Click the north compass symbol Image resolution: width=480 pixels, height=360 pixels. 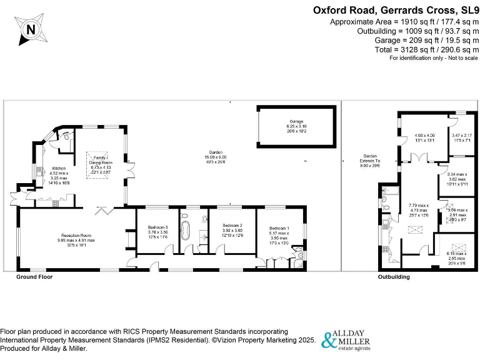30,29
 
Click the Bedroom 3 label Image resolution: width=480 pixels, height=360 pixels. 158,227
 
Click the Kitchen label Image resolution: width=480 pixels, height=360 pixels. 59,168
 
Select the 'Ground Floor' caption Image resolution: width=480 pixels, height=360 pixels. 34,276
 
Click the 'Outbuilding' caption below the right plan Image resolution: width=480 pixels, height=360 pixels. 394,276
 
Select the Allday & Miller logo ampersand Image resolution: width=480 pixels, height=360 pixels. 329,341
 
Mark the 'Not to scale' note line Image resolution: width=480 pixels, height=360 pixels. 434,58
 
